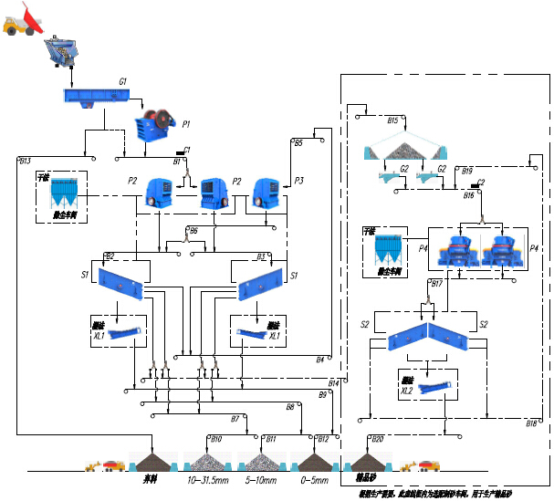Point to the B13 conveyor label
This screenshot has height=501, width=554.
tap(26, 161)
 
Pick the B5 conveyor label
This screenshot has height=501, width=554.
tap(298, 143)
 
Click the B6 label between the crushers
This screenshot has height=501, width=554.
tap(193, 231)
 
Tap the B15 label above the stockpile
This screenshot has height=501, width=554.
tap(392, 120)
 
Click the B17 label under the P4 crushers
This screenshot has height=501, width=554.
tap(436, 284)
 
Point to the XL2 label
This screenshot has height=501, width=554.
tap(407, 390)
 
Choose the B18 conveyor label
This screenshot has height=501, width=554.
tap(531, 423)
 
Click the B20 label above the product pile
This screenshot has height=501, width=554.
tap(378, 439)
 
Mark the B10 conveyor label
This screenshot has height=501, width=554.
tap(216, 439)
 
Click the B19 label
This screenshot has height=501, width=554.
tap(467, 171)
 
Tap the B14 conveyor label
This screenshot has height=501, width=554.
tap(334, 382)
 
